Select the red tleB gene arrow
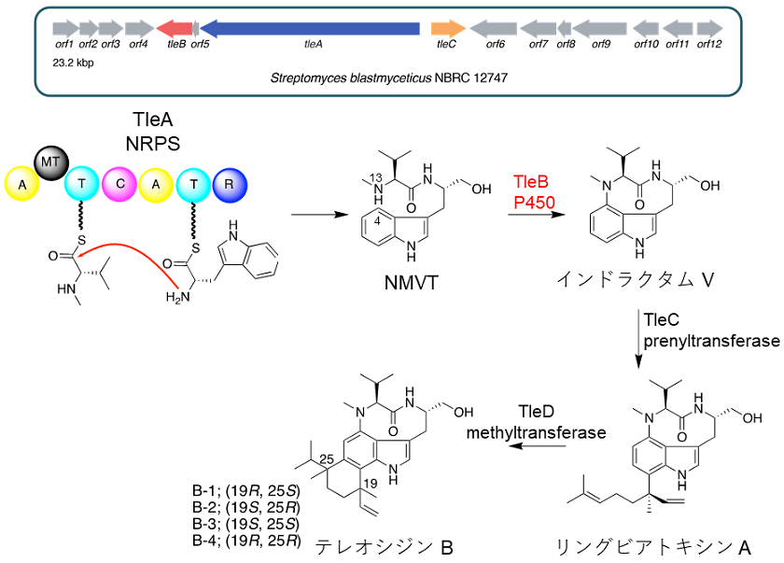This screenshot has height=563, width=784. coord(175,28)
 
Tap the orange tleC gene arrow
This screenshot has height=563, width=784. coord(449,28)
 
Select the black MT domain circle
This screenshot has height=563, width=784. coord(49,164)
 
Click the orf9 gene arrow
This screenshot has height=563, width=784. coord(602,28)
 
